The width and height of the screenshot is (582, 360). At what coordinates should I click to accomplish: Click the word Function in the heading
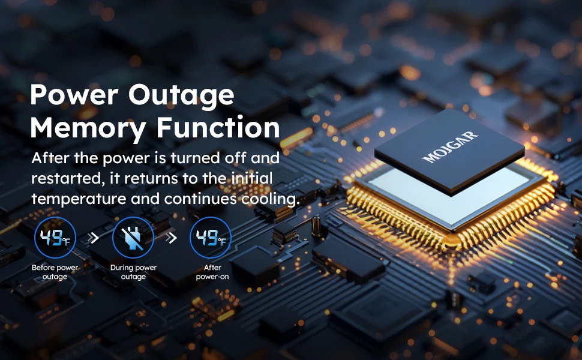click(218, 128)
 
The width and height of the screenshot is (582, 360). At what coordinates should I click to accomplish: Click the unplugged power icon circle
click(133, 238)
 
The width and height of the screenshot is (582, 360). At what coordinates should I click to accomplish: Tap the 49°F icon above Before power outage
click(55, 238)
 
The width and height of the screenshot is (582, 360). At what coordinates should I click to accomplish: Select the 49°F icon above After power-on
click(211, 238)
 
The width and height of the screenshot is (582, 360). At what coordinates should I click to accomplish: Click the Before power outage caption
click(55, 272)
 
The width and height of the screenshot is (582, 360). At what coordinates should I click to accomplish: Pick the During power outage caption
click(133, 272)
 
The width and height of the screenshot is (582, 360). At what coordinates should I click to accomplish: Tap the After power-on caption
click(212, 272)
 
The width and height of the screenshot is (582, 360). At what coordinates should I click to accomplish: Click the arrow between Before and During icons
click(94, 238)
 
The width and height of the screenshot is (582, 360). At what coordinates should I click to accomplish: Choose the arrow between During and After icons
click(172, 238)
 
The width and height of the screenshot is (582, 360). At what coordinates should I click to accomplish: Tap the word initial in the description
click(252, 179)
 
